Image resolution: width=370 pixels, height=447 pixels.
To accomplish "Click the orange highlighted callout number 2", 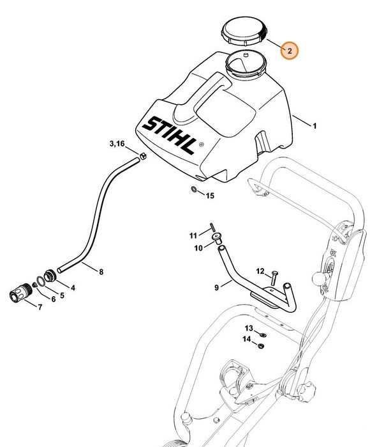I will point(289,50).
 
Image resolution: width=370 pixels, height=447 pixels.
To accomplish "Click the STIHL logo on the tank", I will point(168,134).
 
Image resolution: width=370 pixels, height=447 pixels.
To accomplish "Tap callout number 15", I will point(209,195).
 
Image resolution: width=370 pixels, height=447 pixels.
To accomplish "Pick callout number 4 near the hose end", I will point(73,288).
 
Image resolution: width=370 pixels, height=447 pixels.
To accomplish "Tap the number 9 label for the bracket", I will point(216,288).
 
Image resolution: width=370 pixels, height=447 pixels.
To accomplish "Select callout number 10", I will point(198,247).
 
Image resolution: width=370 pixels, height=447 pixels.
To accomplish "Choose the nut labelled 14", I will point(262,346).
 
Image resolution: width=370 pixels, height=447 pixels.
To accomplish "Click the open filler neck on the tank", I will point(245,65).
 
